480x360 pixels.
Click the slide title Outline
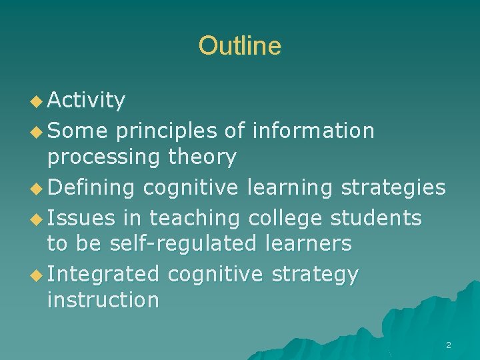click(x=239, y=46)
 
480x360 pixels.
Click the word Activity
click(x=86, y=101)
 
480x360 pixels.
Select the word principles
click(x=167, y=131)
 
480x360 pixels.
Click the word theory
click(x=203, y=158)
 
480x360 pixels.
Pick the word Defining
click(x=92, y=188)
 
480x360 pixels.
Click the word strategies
click(x=393, y=188)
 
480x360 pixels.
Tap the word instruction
click(x=103, y=300)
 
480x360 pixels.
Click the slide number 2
click(x=448, y=345)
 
